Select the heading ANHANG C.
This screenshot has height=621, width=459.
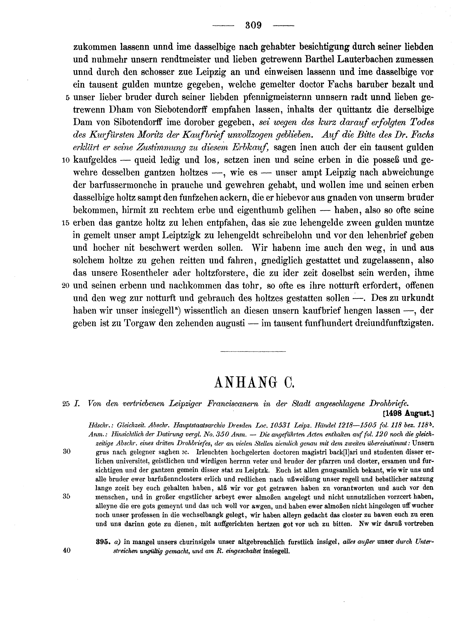click(254, 383)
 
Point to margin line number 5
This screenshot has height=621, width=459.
click(67, 98)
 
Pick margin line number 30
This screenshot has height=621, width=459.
click(67, 452)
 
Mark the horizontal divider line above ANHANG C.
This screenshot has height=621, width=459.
click(253, 352)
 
